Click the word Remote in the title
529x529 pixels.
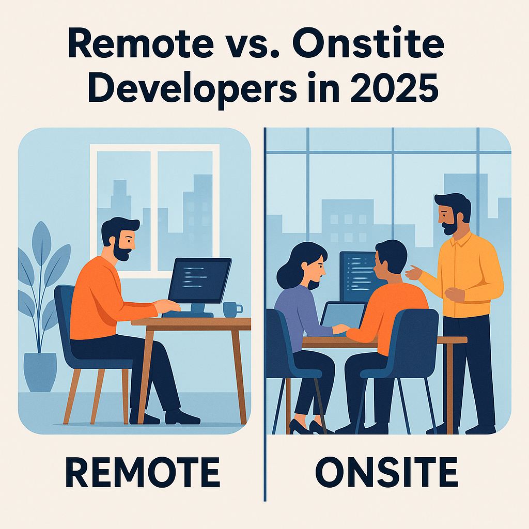(x=141, y=43)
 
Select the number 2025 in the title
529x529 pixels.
(x=394, y=88)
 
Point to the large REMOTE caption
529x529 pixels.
(x=143, y=472)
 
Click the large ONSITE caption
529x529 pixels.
(x=386, y=472)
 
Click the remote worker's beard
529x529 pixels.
(x=121, y=252)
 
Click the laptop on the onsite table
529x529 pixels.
(x=342, y=317)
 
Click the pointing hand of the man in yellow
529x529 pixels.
(x=413, y=273)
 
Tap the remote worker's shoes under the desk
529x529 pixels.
(x=165, y=417)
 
